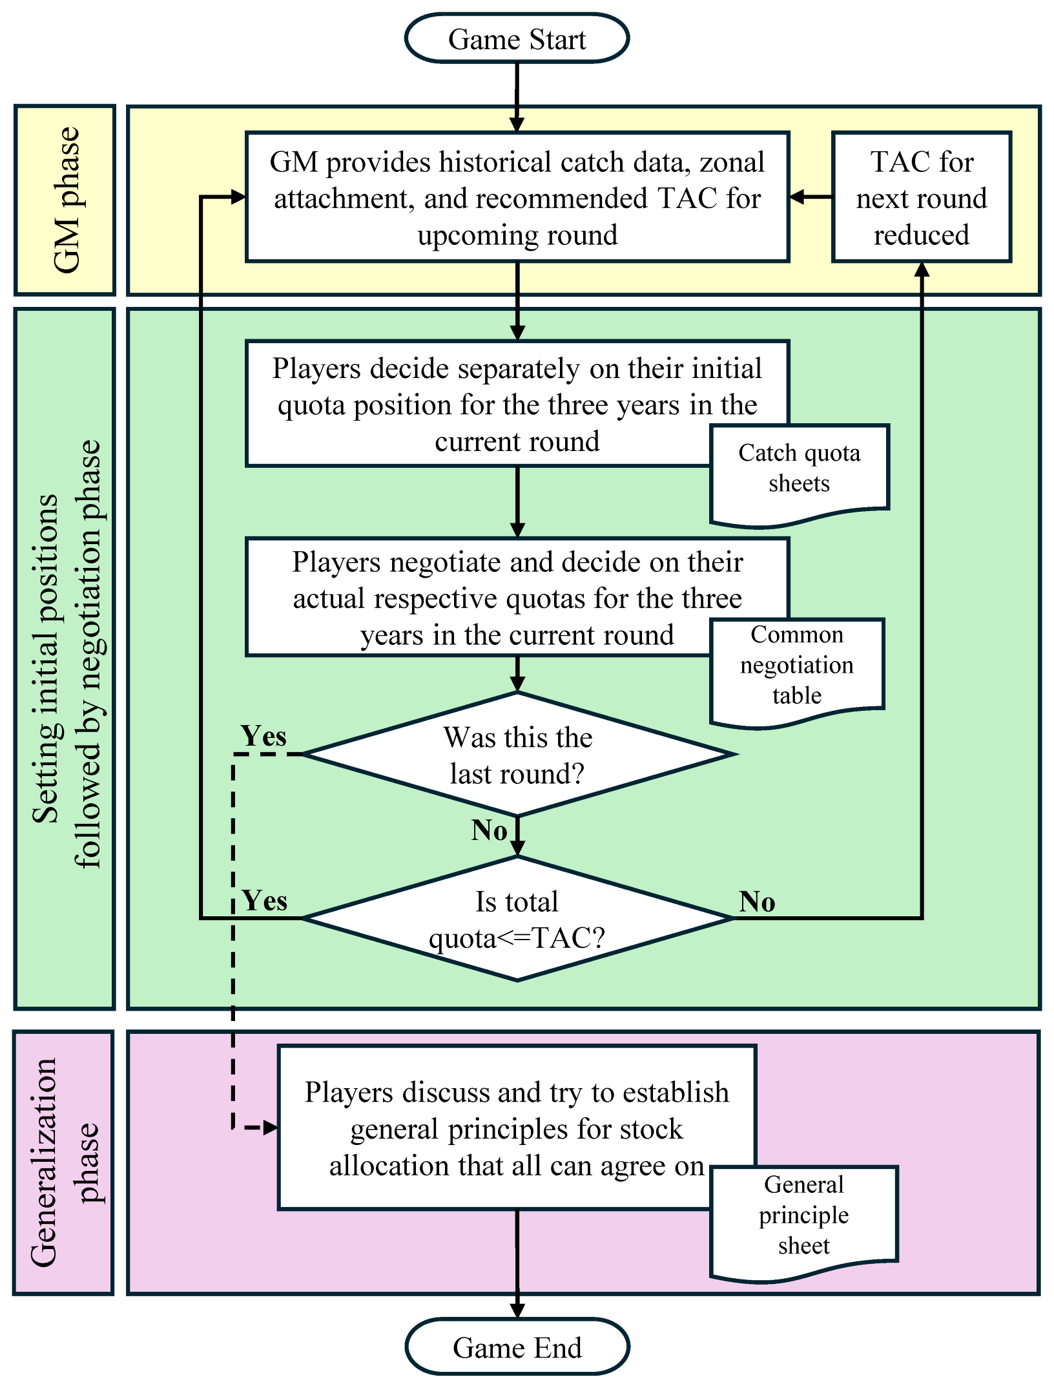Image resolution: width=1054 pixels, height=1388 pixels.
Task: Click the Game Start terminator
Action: (517, 39)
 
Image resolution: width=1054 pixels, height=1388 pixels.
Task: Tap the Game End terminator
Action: (517, 1348)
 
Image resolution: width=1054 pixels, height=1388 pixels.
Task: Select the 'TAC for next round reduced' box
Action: (922, 198)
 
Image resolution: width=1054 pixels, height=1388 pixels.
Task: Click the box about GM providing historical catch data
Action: (517, 198)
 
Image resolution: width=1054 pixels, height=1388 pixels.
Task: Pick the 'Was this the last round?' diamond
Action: (517, 755)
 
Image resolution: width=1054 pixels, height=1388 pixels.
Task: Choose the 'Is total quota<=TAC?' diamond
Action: (517, 919)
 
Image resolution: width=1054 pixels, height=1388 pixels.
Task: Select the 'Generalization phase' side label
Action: (63, 1163)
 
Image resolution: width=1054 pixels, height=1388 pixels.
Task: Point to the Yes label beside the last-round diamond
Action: (263, 737)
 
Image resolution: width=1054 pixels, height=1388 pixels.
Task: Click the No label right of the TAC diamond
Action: (757, 902)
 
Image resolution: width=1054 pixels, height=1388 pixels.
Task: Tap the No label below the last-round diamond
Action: (489, 831)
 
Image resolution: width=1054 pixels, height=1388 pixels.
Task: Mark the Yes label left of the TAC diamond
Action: (265, 901)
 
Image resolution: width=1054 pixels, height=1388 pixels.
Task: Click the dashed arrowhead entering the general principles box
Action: (271, 1128)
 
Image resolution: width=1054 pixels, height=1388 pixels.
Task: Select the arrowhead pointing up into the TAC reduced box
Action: (922, 270)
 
